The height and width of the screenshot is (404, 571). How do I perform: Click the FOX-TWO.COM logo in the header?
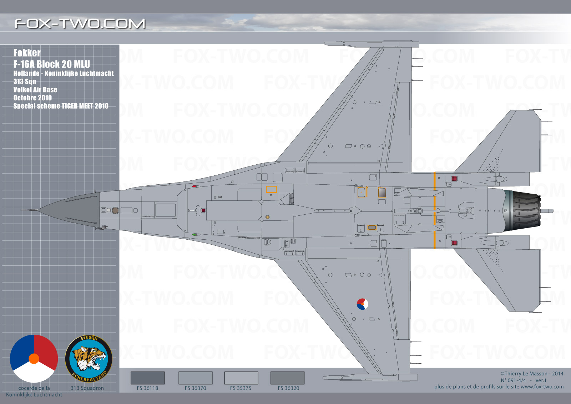80,24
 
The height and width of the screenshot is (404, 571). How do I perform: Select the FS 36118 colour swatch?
147,378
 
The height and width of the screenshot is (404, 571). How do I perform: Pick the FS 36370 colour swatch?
195,378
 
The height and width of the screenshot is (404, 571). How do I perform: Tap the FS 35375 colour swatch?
241,378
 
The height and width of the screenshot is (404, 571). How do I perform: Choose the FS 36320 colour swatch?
287,378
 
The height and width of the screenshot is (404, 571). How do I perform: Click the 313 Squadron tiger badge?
89,359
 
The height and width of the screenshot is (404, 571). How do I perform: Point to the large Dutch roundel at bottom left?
34,359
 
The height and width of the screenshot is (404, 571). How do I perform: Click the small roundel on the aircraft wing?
362,304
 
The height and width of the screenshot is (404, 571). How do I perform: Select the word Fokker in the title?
27,53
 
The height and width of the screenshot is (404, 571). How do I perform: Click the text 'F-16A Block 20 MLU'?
52,64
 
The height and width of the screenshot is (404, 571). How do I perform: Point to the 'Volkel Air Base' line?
35,90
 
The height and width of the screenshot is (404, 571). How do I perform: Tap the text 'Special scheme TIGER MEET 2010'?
61,106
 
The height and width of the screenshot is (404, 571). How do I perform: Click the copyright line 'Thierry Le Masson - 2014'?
532,374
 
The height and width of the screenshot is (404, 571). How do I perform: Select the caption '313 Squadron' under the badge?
87,388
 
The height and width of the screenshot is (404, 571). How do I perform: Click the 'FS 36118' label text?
147,388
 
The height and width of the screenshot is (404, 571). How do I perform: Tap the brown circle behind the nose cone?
115,210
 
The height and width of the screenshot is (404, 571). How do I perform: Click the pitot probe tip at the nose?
21,210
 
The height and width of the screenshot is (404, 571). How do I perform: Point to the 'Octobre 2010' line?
32,98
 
